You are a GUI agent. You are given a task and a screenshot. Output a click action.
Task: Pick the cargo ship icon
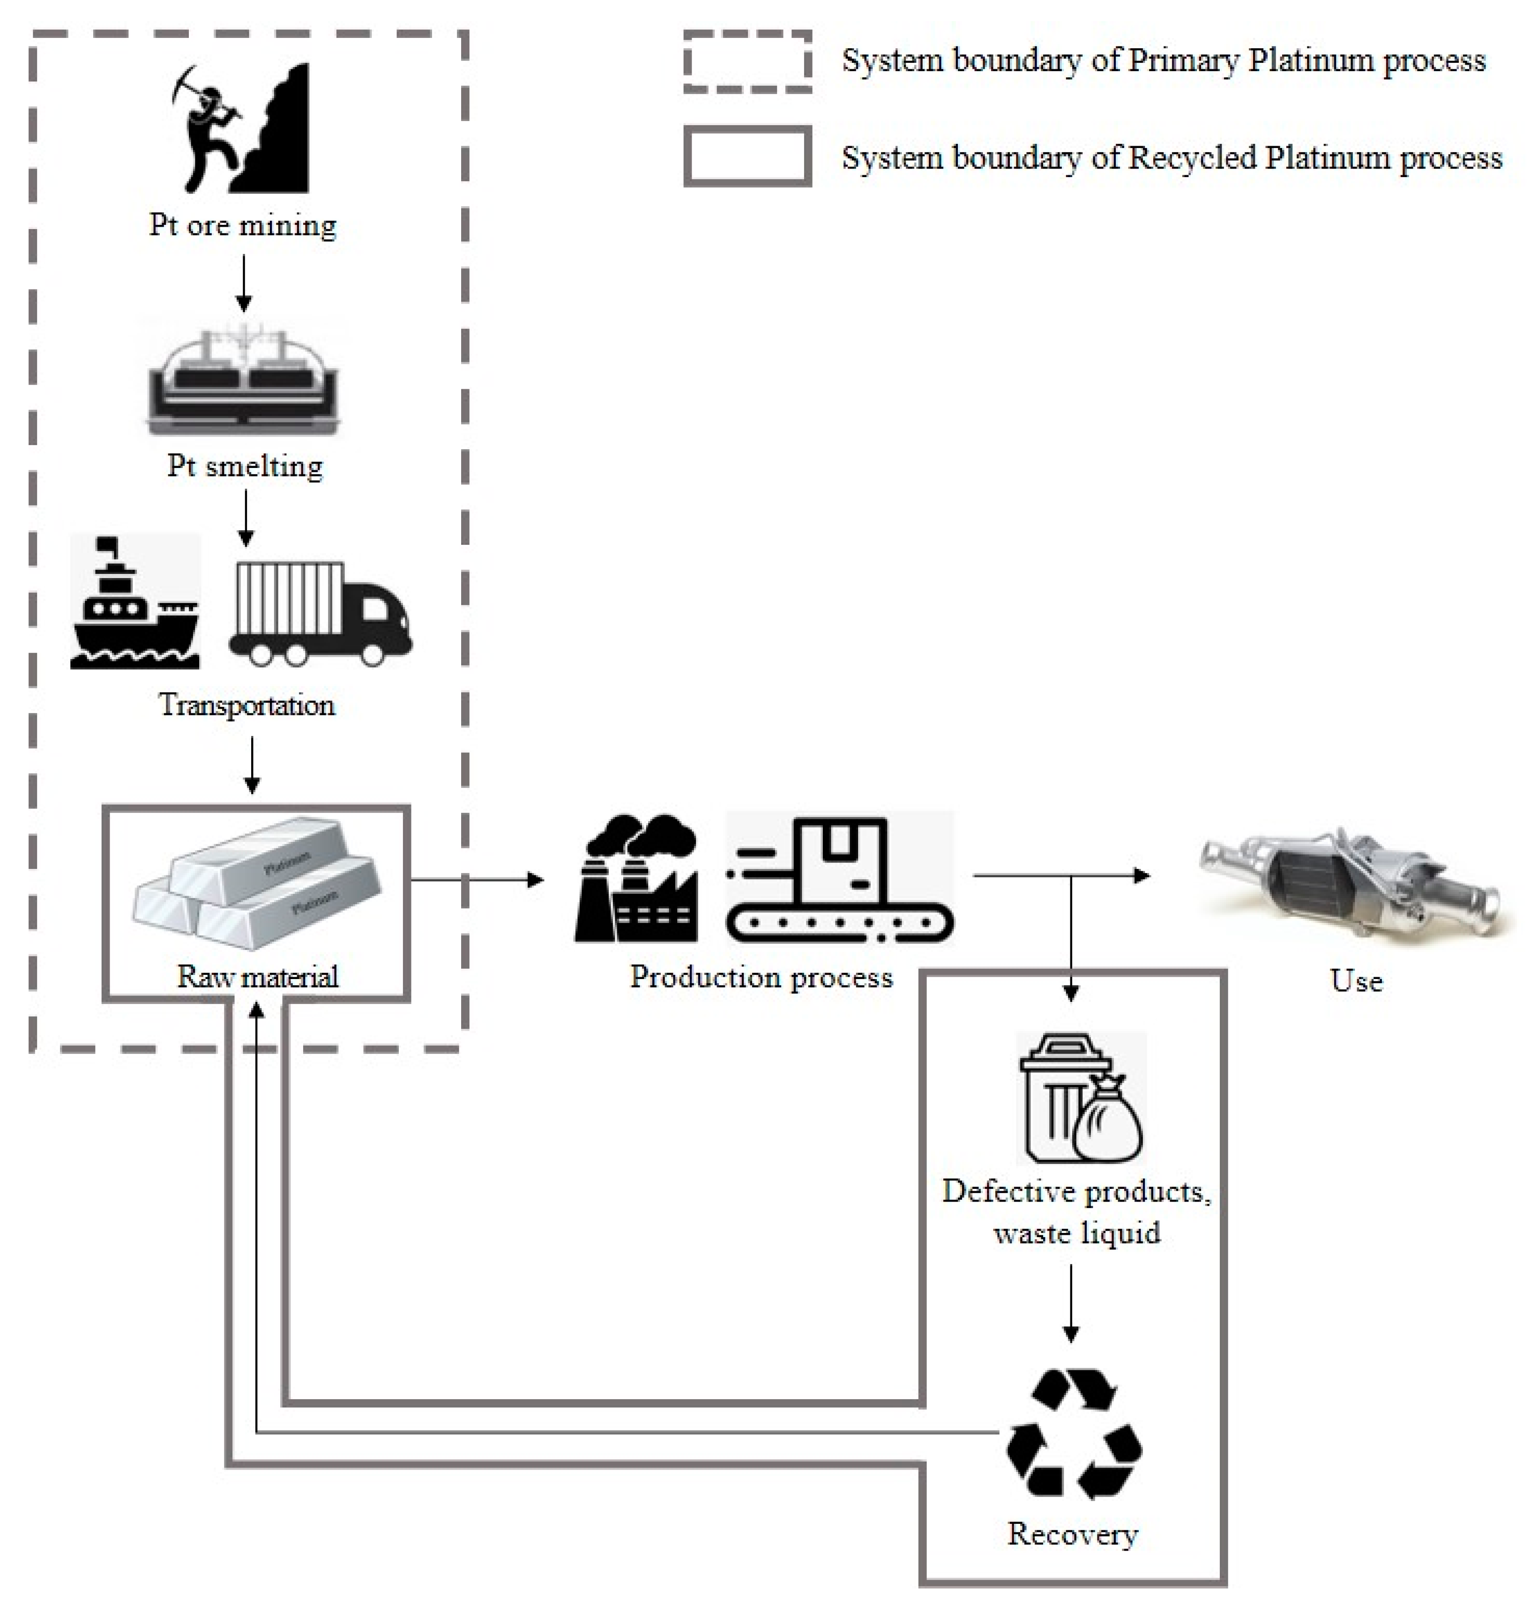tap(135, 603)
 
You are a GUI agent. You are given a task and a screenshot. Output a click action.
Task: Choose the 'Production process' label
tap(761, 977)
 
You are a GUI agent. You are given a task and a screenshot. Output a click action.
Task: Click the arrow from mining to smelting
tap(244, 282)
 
